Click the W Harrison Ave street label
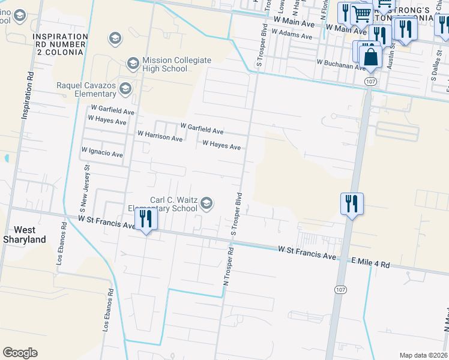(160, 138)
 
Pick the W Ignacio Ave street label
(102, 152)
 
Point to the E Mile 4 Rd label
(370, 264)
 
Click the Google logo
(20, 353)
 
